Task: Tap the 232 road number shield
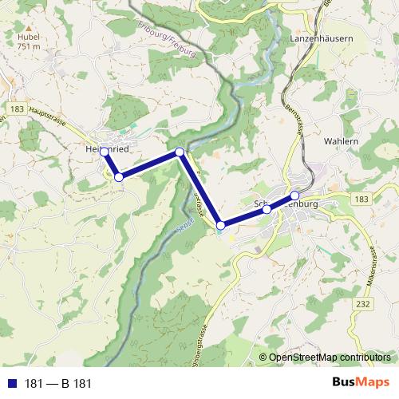[364, 304]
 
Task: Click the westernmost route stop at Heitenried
[105, 152]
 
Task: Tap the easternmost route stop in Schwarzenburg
[294, 196]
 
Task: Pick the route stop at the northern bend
[180, 152]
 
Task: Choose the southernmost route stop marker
[221, 226]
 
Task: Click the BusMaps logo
[361, 383]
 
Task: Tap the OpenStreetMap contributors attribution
[329, 358]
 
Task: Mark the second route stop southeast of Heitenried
[119, 177]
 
